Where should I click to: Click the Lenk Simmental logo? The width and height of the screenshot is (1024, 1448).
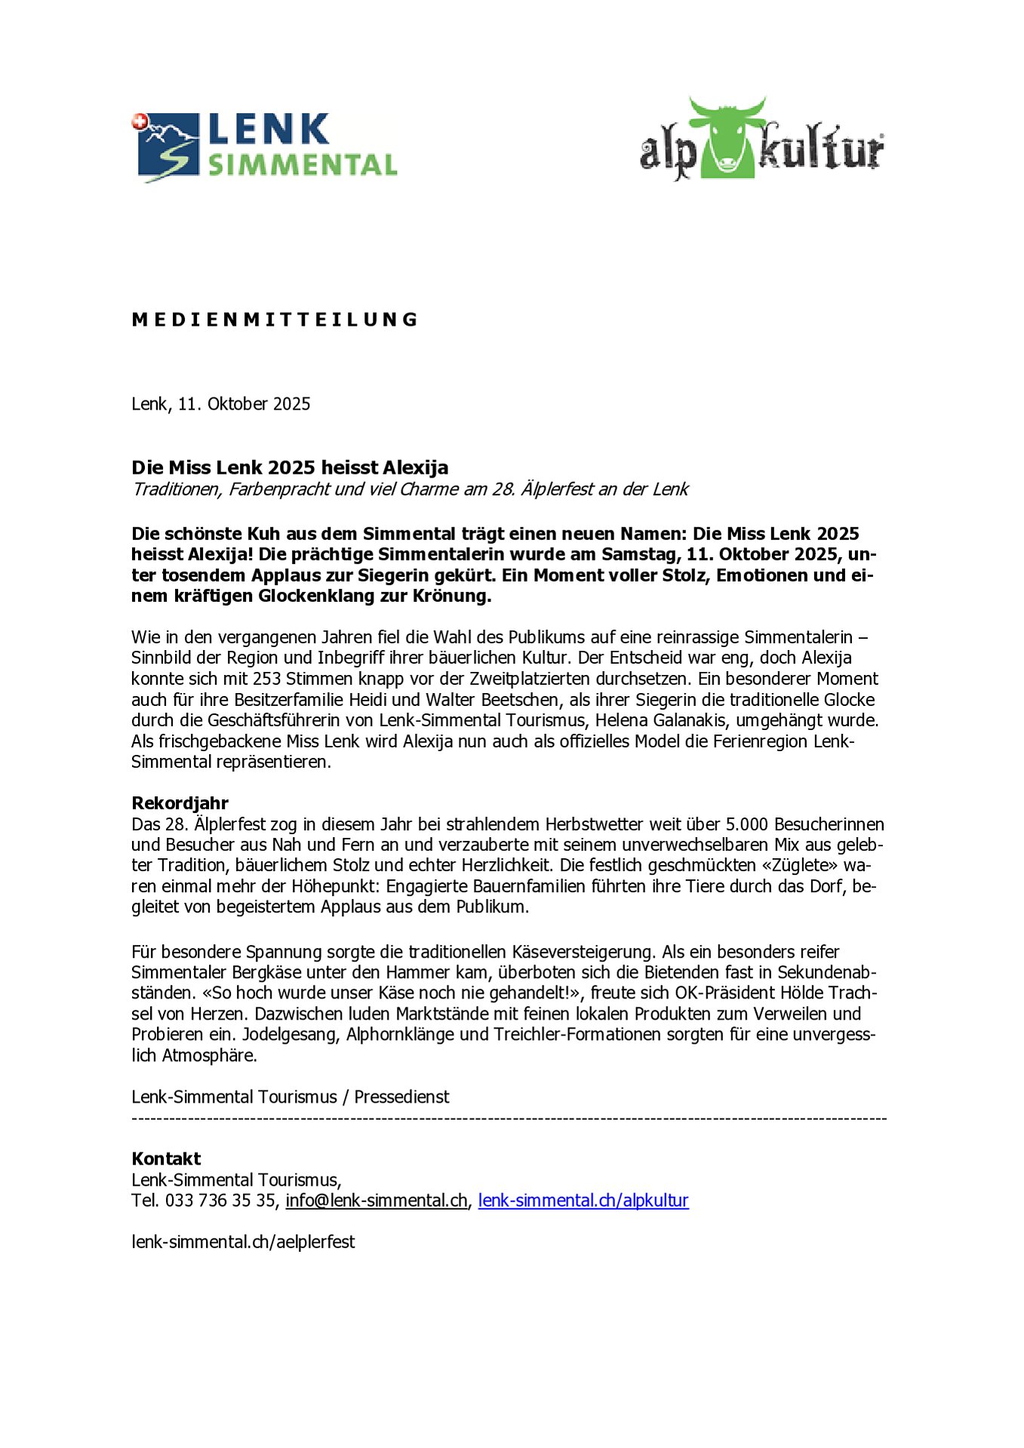(264, 146)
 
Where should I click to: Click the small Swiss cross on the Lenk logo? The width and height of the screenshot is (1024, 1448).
(138, 121)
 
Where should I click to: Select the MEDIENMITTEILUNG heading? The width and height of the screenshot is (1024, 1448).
(275, 320)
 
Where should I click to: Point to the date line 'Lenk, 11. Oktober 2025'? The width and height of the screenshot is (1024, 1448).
(221, 404)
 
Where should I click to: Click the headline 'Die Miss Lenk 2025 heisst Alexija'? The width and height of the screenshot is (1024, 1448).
(290, 468)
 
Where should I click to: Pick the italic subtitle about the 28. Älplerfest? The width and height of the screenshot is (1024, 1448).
(410, 489)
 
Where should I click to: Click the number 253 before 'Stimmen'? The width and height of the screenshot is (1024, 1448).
(267, 679)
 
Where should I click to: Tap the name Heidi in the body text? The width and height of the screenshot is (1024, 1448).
(367, 699)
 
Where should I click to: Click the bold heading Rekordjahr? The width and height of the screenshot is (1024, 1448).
(180, 802)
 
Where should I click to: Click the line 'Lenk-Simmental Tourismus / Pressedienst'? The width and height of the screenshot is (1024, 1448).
(291, 1097)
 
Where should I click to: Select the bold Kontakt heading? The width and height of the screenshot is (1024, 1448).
(166, 1158)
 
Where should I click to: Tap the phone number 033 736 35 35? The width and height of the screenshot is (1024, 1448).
(220, 1201)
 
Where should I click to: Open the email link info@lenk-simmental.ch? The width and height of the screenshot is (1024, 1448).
(377, 1201)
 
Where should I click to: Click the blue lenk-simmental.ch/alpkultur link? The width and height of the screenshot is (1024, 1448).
(583, 1201)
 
